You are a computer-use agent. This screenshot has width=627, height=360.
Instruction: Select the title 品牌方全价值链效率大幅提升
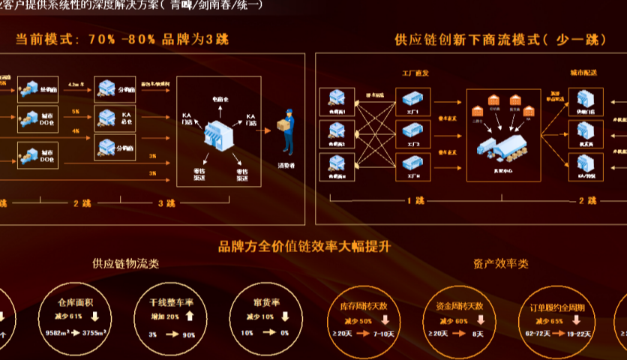[x=305, y=245]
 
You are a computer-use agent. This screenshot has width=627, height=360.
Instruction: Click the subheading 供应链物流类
[x=125, y=264]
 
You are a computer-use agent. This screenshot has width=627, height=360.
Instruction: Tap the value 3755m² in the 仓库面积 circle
[x=96, y=331]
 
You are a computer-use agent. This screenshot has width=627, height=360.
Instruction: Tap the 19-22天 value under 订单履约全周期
[x=577, y=333]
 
